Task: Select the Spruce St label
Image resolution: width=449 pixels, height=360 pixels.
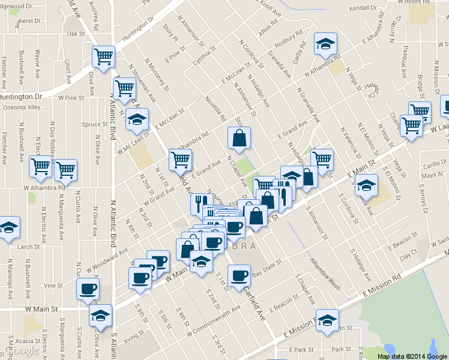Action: [x=94, y=124]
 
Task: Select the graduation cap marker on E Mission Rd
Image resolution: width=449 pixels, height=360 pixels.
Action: [x=327, y=319]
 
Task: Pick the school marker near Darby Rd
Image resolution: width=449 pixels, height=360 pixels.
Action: [x=325, y=43]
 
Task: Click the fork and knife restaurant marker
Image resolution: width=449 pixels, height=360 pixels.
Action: [x=200, y=204]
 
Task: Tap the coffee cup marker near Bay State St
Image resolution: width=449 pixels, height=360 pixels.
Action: [x=239, y=276]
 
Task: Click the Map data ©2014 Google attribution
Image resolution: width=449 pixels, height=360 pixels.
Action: [x=412, y=356]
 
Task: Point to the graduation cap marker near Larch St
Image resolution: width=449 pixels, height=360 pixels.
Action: [x=8, y=228]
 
